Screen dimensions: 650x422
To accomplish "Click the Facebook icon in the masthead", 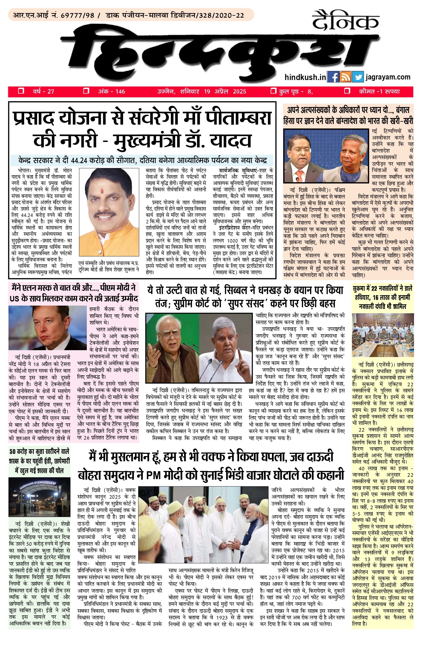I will pyautogui.click(x=333, y=77).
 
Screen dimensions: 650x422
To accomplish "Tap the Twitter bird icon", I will pyautogui.click(x=358, y=77).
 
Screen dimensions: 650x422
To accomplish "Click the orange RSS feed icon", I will pyautogui.click(x=345, y=77).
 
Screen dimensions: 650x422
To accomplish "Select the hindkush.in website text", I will pyautogui.click(x=305, y=77).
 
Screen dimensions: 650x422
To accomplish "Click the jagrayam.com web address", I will pyautogui.click(x=388, y=77).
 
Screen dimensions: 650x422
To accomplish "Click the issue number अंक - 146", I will pyautogui.click(x=111, y=91).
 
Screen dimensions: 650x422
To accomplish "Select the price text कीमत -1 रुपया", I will pyautogui.click(x=379, y=91).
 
